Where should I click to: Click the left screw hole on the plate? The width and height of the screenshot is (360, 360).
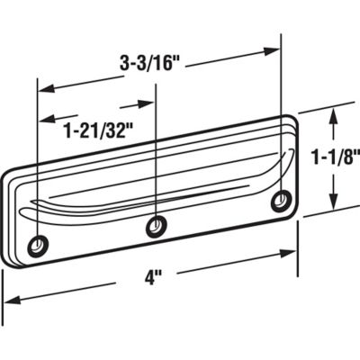coord(39,244)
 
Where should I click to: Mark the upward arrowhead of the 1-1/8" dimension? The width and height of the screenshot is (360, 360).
coord(336,113)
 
